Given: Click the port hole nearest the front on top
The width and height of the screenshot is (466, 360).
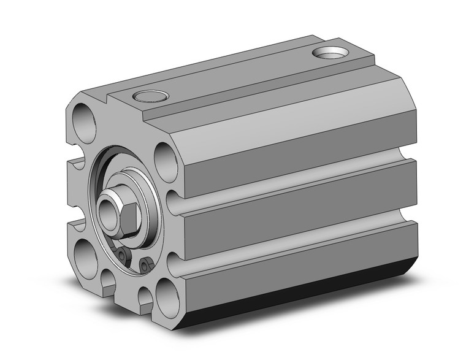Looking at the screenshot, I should (150, 96).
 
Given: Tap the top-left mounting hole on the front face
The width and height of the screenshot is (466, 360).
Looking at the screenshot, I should (84, 122).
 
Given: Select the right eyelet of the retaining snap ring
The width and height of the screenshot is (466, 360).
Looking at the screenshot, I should (145, 265).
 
